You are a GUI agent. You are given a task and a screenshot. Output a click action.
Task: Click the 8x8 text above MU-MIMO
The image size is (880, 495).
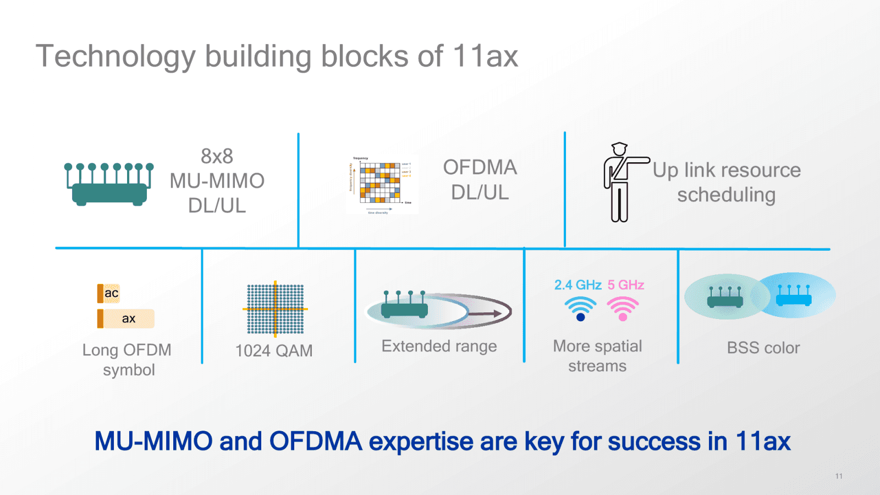217,156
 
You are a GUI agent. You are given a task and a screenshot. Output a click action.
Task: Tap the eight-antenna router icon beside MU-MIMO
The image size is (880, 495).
109,185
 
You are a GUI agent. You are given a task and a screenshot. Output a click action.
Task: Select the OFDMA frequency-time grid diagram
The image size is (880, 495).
380,182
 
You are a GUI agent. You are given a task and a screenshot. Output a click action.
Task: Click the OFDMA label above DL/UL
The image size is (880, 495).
480,167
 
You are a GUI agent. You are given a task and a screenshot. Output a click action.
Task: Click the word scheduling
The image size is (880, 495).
726,195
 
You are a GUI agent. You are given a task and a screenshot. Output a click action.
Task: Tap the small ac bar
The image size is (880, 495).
109,293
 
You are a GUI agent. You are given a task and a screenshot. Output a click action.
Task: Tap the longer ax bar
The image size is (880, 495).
126,318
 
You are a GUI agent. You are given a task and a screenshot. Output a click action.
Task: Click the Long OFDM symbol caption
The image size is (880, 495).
127,360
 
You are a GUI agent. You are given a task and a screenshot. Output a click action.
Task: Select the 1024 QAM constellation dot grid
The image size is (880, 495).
275,309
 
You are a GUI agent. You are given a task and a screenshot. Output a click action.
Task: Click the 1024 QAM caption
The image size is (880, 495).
274,350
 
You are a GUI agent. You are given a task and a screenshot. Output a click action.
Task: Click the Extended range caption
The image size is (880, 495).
439,346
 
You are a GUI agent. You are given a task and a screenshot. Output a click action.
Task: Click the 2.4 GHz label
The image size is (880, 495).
577,285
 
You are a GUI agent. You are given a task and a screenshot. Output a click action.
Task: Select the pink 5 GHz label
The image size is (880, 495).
626,285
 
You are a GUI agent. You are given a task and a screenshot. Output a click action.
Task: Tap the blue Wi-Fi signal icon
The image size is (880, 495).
580,309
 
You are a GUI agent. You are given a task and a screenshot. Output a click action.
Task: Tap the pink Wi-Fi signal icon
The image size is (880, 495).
623,309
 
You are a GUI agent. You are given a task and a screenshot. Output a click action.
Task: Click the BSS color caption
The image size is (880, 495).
763,348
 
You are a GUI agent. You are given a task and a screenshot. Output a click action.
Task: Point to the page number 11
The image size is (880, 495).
839,476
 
